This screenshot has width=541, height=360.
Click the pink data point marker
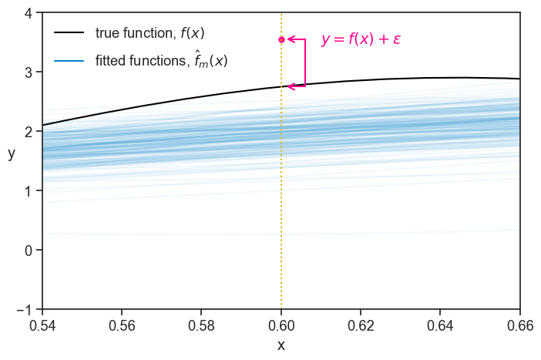(x=281, y=39)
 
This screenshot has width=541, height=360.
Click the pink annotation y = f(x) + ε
(x=361, y=39)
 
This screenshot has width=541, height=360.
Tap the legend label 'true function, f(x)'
(x=150, y=33)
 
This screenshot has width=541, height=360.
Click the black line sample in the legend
(x=69, y=33)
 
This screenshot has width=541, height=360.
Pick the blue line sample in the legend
(x=69, y=60)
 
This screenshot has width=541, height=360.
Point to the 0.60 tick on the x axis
(x=281, y=325)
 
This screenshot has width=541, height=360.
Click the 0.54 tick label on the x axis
(x=43, y=325)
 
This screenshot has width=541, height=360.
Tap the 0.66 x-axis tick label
(x=520, y=325)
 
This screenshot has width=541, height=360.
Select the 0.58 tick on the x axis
(x=202, y=325)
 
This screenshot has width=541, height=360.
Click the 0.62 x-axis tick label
(x=361, y=325)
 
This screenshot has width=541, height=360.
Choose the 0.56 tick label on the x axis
(x=123, y=325)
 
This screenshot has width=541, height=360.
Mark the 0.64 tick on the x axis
(x=440, y=325)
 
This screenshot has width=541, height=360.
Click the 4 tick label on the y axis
(x=28, y=13)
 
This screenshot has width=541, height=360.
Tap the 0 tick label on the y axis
(x=28, y=250)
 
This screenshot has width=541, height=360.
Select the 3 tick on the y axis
(x=28, y=72)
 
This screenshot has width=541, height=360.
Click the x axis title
(x=281, y=345)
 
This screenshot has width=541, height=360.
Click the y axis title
(x=12, y=153)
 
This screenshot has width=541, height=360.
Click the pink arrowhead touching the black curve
(x=291, y=86)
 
